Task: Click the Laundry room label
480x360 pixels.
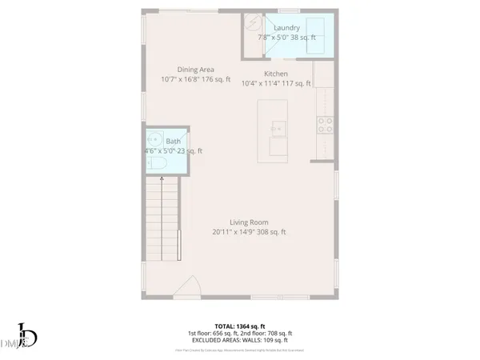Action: coord(287,27)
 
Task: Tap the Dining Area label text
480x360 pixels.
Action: coord(195,70)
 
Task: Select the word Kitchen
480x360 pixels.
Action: coord(277,74)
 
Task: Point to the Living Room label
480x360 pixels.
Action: coord(249,222)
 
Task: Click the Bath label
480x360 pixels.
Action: coord(173,141)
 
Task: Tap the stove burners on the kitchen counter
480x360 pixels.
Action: coord(326,124)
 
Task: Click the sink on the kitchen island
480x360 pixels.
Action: coord(278,126)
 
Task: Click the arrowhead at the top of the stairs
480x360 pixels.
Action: coord(163,181)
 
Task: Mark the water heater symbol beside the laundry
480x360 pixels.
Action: coord(254,23)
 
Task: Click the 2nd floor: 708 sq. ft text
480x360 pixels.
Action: coord(274,333)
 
